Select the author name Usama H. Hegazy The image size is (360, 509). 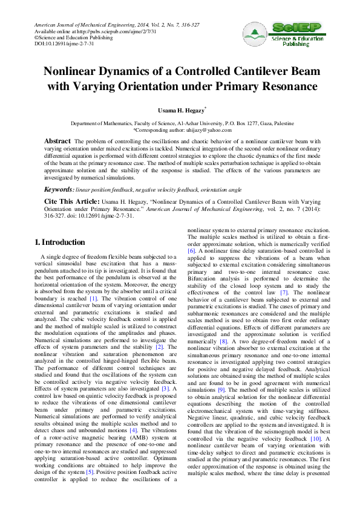(x=179, y=111)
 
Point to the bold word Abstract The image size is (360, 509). (x=58, y=141)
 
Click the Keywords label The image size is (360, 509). (x=59, y=189)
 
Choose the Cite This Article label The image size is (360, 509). (x=71, y=200)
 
